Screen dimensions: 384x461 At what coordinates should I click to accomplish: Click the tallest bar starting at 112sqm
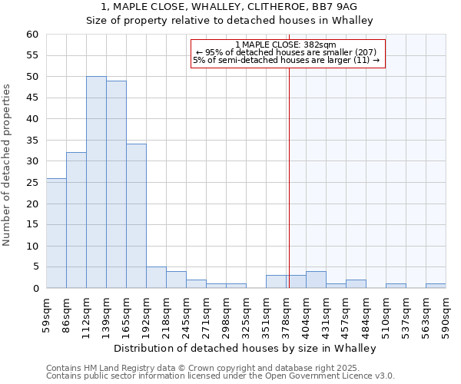[96, 183]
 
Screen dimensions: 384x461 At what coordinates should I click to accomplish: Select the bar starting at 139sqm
[116, 184]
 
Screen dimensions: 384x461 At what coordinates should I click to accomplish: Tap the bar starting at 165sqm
[136, 216]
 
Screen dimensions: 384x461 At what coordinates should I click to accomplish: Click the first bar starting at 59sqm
[56, 233]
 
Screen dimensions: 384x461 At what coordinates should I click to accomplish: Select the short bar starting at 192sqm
[156, 277]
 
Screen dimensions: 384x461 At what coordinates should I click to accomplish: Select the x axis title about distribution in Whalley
[245, 348]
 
